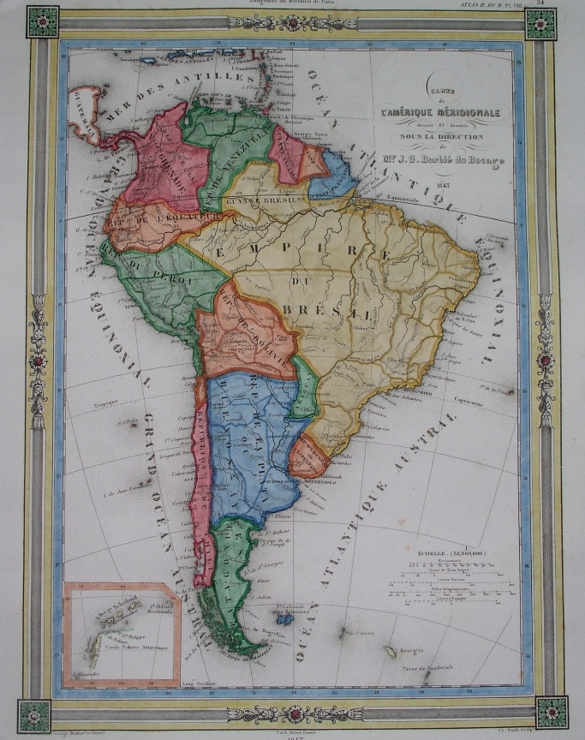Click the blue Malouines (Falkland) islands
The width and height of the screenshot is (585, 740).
click(x=285, y=618)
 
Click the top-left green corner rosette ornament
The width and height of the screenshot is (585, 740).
click(x=41, y=25)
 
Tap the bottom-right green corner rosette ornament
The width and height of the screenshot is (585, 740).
click(x=551, y=712)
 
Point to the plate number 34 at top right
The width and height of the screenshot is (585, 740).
click(x=564, y=3)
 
